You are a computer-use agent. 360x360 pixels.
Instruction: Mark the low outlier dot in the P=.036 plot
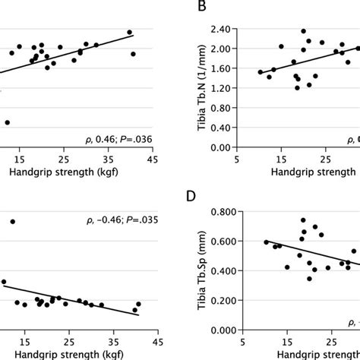(8, 122)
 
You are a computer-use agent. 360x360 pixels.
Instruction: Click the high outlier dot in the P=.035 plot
(13, 221)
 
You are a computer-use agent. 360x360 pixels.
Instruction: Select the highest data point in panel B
(304, 31)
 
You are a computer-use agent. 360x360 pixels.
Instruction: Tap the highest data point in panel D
(303, 220)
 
